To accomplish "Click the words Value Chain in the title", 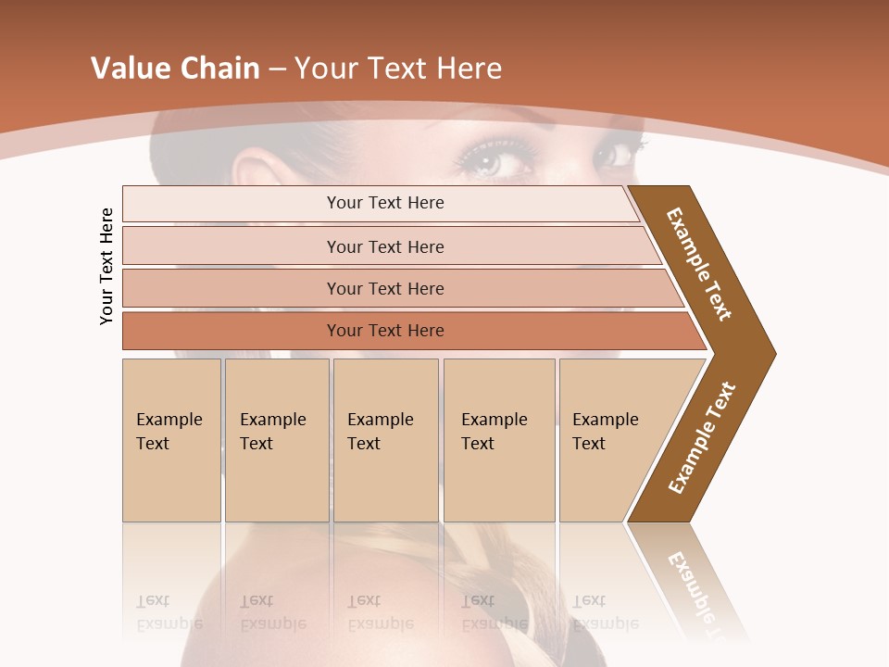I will pos(175,68).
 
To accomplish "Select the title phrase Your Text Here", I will pos(398,68).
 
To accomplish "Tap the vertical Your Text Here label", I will pos(106,266).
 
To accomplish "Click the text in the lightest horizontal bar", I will pos(385,203).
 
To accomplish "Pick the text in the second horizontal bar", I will pos(385,246).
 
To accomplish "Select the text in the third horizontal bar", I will pos(385,288).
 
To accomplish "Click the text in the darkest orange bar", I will pos(385,331).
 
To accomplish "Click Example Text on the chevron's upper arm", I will pos(699,264).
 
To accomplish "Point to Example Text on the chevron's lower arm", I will pos(702,438).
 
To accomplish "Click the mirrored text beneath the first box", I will pos(169,612).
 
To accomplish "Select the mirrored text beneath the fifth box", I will pos(605,612).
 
